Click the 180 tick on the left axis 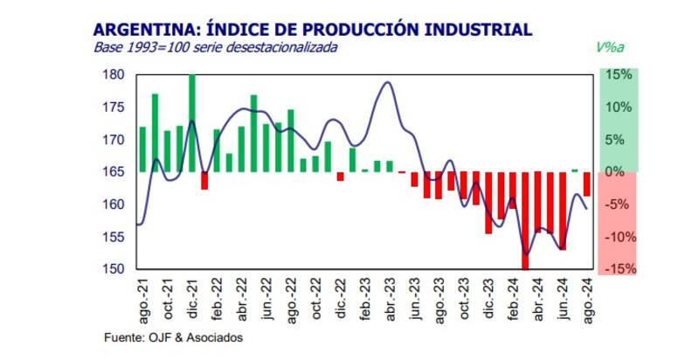click(x=114, y=76)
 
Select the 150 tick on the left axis click(x=114, y=269)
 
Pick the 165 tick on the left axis click(x=114, y=172)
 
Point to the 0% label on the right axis click(x=618, y=172)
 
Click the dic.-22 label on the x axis click(x=341, y=299)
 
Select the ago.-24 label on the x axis click(x=587, y=299)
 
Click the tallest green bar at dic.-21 click(x=191, y=122)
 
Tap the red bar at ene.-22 click(x=204, y=180)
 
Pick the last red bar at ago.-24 click(x=587, y=184)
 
